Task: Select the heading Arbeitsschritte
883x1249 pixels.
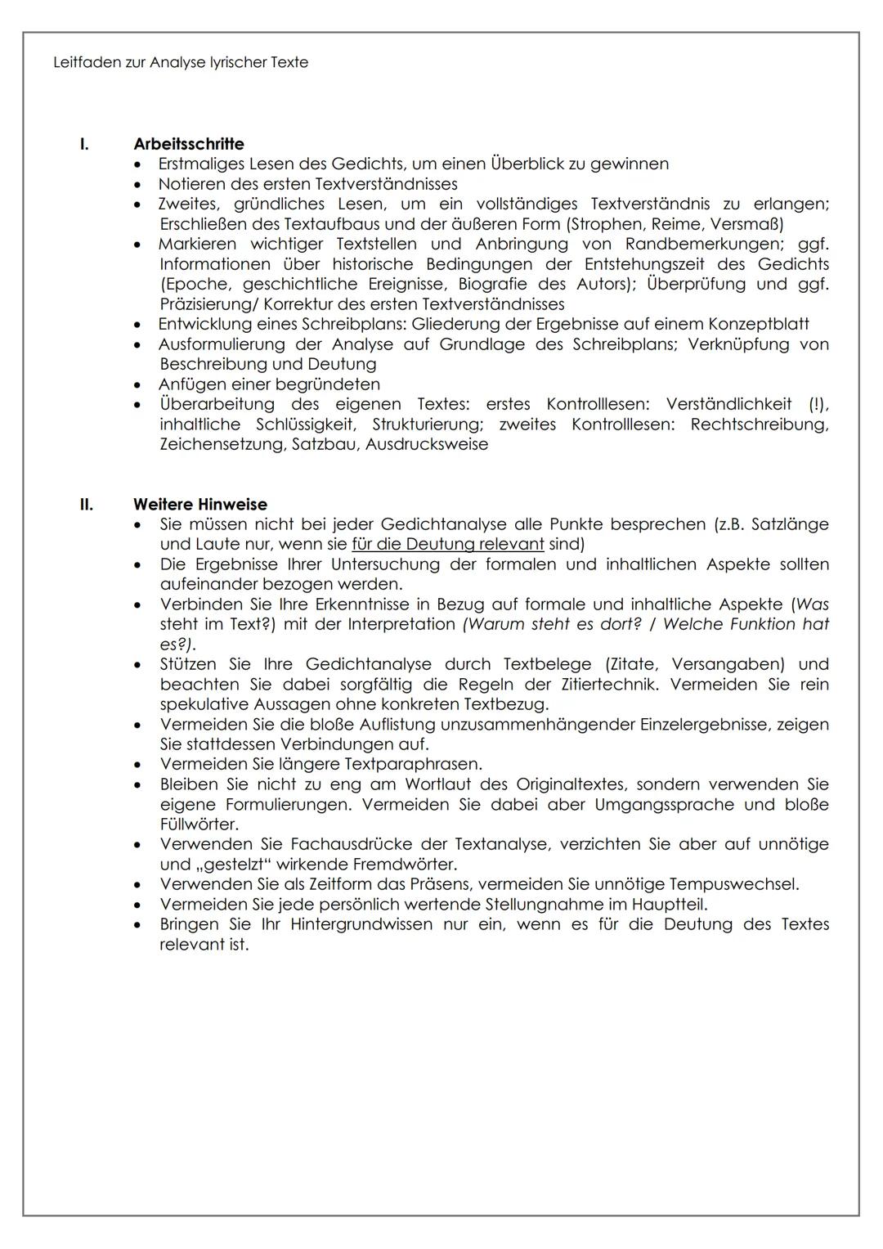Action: [x=189, y=144]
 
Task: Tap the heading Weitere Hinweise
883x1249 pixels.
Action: [x=200, y=504]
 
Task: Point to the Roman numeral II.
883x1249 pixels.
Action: [x=86, y=504]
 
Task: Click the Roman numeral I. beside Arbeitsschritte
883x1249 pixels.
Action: [x=83, y=144]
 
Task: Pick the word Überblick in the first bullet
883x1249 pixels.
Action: [x=527, y=164]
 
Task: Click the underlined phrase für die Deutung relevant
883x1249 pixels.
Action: [x=447, y=544]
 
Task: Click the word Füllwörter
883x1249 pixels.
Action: [x=199, y=824]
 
